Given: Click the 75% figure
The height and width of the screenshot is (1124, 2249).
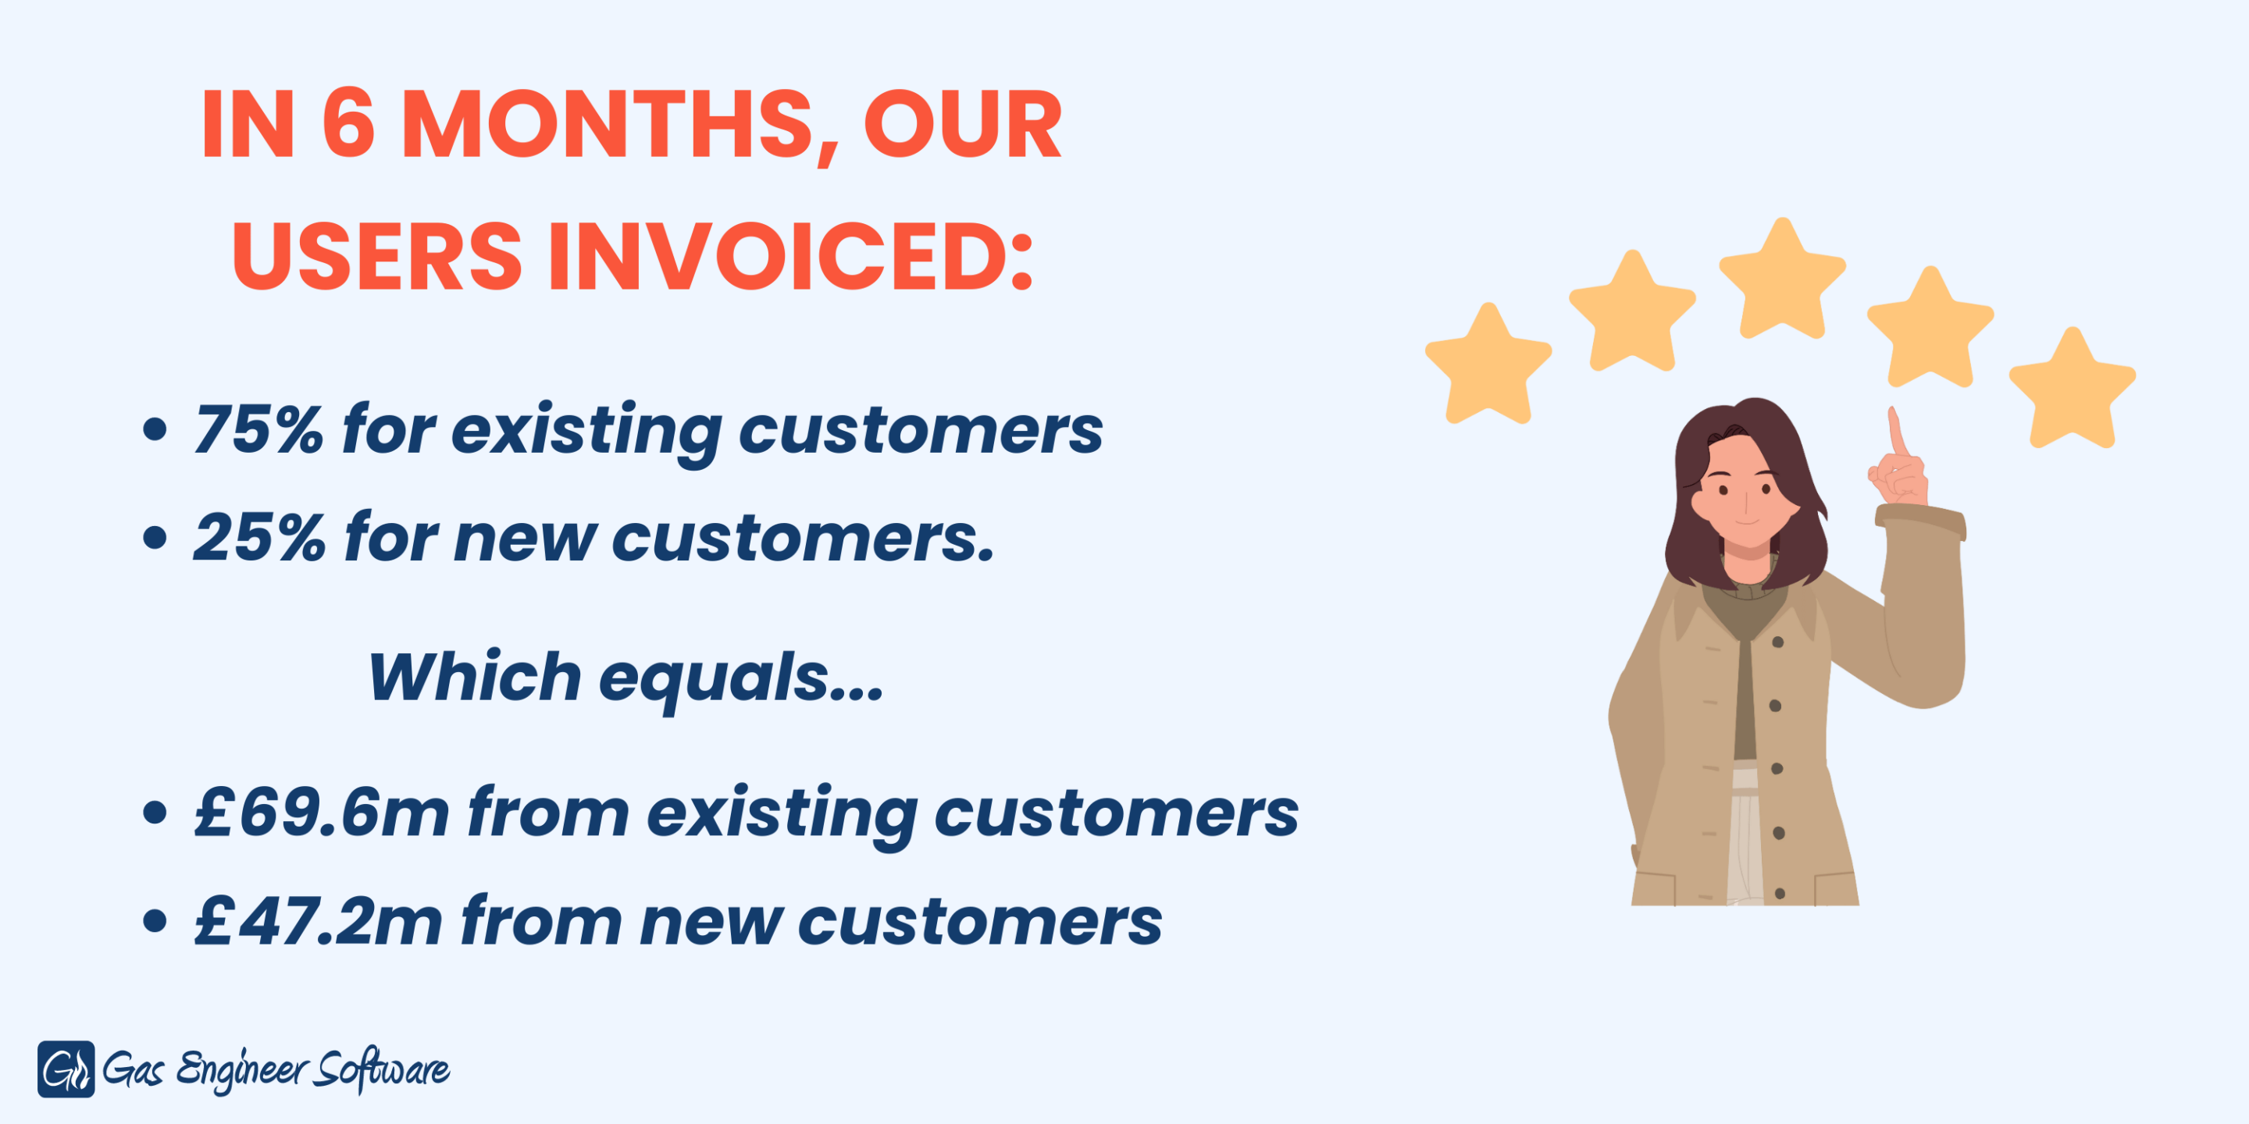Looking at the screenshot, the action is [x=259, y=429].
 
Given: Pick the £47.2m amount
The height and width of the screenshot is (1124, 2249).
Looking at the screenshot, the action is [x=319, y=921].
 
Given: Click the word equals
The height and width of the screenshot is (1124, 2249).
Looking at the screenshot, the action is [x=715, y=681].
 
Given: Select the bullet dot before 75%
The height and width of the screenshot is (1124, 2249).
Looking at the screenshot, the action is [x=155, y=429].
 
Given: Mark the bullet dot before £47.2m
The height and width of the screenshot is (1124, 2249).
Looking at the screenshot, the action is [x=155, y=921].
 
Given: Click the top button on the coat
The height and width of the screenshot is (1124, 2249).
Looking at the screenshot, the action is [x=1777, y=643].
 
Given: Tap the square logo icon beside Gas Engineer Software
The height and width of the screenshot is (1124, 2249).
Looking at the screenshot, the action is [x=66, y=1069].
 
